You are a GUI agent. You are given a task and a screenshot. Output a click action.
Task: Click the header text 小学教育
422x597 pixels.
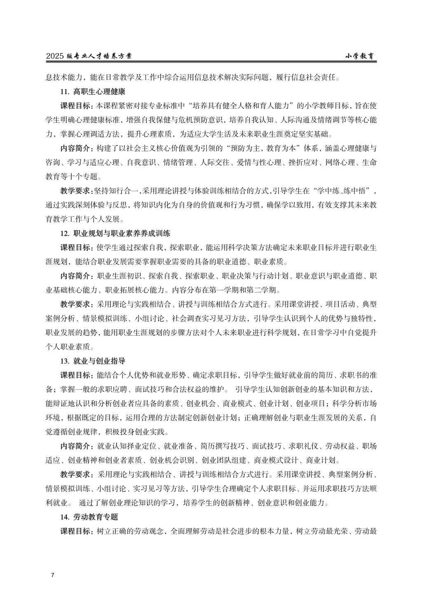(x=361, y=56)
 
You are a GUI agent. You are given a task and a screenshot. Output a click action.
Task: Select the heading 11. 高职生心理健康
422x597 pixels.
(x=93, y=91)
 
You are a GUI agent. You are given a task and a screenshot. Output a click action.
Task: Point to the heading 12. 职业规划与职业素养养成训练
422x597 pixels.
(x=115, y=234)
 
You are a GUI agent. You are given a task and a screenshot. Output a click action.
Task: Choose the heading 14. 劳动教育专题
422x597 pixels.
(x=89, y=517)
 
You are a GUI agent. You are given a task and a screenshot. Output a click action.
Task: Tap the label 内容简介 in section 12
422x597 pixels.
(x=76, y=276)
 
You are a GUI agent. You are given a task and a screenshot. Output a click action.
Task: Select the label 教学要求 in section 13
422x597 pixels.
(x=76, y=474)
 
